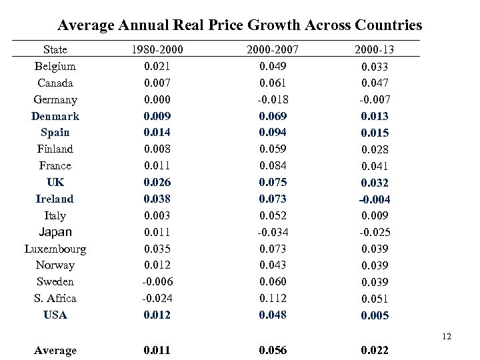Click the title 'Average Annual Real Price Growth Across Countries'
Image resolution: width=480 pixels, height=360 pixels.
click(239, 25)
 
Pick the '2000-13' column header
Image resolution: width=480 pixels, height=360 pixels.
click(373, 50)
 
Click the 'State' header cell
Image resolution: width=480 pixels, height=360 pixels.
click(55, 50)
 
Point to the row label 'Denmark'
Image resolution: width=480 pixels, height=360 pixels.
click(55, 116)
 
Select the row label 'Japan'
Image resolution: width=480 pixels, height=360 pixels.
click(55, 232)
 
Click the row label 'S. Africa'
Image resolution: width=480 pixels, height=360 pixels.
click(55, 298)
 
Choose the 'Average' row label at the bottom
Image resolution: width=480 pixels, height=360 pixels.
click(55, 350)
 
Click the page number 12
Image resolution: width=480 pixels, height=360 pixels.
click(446, 337)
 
